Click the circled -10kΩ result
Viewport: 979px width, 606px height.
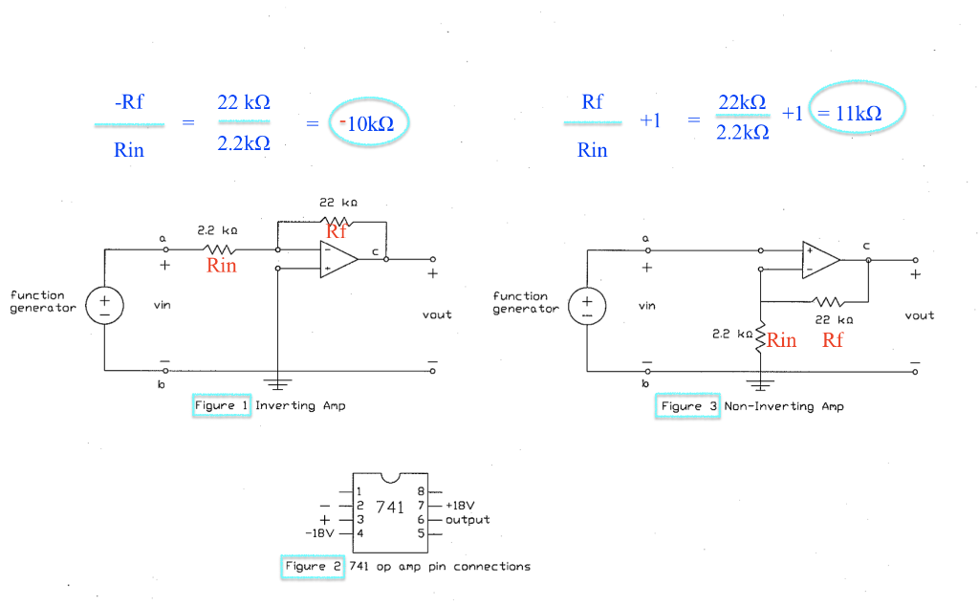pos(368,123)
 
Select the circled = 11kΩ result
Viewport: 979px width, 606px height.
pos(857,113)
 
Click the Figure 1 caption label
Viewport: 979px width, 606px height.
pos(222,405)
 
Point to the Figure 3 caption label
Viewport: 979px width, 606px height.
pos(688,406)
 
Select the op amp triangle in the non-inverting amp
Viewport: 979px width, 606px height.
pos(820,259)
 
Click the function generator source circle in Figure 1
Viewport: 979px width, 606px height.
pos(104,306)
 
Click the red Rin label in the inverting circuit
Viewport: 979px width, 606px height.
pos(221,266)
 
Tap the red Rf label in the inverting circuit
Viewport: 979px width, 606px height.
pos(336,230)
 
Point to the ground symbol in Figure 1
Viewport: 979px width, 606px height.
pos(277,385)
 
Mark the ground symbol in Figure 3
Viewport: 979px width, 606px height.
pos(760,385)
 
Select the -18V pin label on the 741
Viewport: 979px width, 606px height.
pos(321,533)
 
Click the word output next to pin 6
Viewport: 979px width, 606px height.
pos(468,520)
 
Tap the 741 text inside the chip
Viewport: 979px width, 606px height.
pos(390,507)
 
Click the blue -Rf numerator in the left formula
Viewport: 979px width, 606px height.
pos(129,102)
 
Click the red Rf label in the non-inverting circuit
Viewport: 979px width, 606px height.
pos(833,340)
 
